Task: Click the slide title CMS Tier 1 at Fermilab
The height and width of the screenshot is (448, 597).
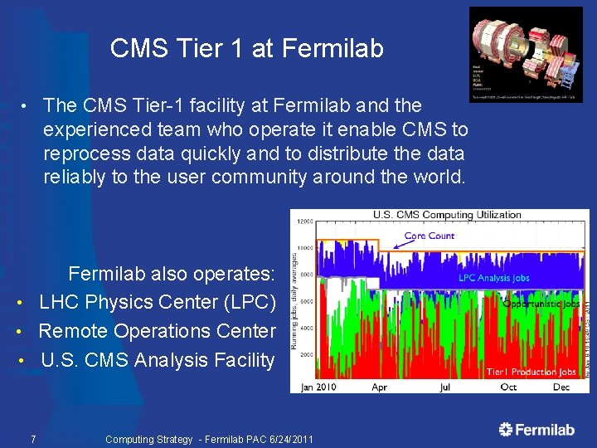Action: (246, 49)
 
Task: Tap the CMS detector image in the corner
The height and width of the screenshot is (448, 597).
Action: (526, 54)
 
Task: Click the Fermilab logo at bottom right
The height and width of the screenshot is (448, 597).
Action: (536, 429)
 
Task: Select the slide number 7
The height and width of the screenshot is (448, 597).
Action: (32, 439)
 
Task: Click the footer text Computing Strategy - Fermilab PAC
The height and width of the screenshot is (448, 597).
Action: (209, 439)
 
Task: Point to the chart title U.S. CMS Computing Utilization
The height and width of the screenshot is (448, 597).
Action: (447, 215)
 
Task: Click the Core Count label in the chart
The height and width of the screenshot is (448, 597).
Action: (429, 236)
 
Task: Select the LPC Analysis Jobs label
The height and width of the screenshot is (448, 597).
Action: (493, 278)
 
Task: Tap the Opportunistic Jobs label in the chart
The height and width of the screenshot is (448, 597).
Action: (541, 304)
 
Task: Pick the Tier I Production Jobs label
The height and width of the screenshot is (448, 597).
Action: (531, 372)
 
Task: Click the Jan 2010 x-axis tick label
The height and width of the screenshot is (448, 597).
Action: (319, 387)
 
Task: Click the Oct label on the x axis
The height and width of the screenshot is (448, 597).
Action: (507, 387)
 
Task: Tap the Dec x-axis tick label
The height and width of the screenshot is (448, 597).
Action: (561, 387)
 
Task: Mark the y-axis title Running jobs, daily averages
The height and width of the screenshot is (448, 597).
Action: (295, 295)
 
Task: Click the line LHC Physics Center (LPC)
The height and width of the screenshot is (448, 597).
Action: (158, 303)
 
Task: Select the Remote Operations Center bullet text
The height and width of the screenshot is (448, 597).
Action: (158, 331)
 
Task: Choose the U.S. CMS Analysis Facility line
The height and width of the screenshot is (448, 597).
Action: (158, 360)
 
